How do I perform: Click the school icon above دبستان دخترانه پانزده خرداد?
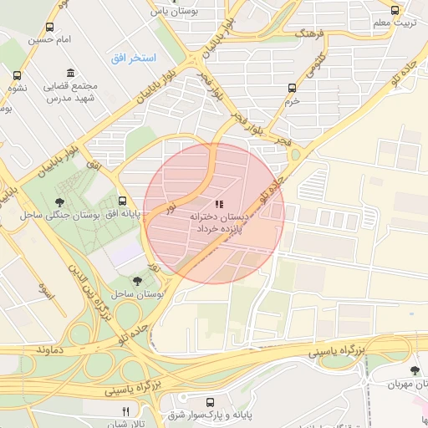coord(219,204)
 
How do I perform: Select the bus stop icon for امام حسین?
coord(50,28)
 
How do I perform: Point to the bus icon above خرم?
coord(292,88)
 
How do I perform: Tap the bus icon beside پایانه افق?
coord(123,201)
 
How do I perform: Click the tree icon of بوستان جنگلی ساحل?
coord(59,202)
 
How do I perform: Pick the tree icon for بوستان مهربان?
coord(415,370)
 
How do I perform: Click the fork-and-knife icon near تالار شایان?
coord(126,411)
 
